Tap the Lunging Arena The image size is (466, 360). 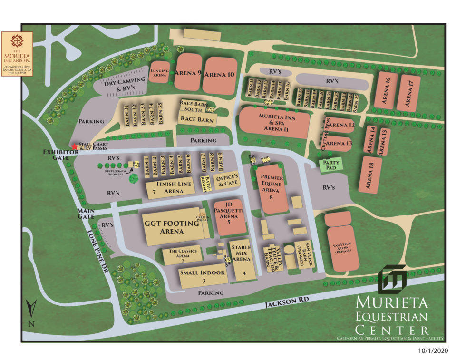point(160,73)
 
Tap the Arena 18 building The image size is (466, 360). point(370,173)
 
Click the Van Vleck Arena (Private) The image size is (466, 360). point(342,247)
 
